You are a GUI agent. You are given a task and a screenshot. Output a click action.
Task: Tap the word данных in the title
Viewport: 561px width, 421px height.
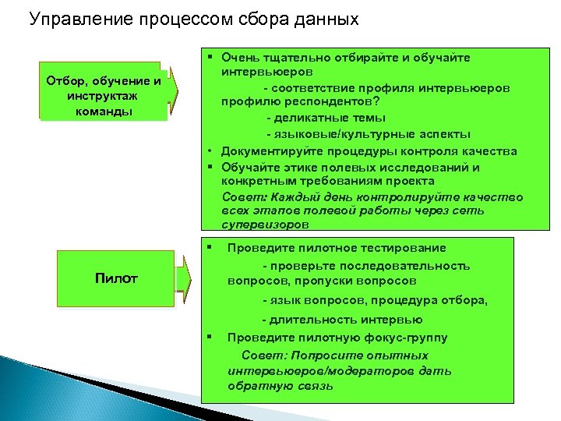[x=323, y=19]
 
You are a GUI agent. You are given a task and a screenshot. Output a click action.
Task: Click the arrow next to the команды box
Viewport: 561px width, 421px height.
[x=175, y=92]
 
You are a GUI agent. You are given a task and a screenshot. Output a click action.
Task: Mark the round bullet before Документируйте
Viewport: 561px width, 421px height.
[x=210, y=151]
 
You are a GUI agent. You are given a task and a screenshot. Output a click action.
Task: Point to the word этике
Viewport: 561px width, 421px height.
[x=297, y=167]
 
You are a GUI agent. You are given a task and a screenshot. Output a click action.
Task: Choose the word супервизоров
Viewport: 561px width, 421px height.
[x=265, y=225]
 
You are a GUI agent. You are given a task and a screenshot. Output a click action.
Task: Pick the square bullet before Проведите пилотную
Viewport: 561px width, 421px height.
[x=210, y=337]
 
